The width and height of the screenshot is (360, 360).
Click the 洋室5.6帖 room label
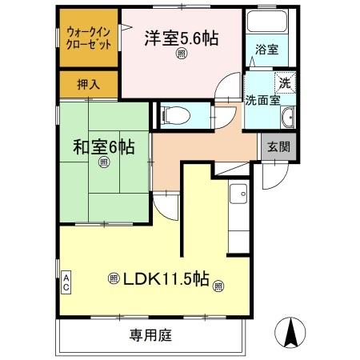(182, 37)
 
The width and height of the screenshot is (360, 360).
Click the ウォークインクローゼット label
(89, 38)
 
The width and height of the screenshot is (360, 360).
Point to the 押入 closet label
(88, 83)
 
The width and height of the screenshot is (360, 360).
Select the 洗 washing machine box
(285, 82)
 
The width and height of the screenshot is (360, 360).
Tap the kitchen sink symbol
(238, 192)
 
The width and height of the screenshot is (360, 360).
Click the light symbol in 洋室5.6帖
(182, 54)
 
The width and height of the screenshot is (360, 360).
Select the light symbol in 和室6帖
(103, 163)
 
